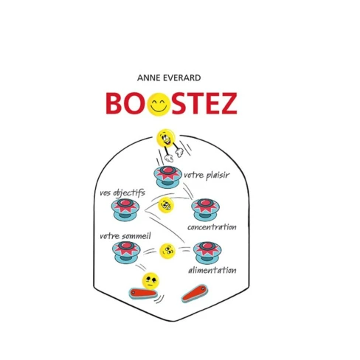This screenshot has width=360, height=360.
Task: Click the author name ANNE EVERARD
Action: point(169,78)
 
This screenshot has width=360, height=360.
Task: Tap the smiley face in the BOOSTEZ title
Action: point(159,104)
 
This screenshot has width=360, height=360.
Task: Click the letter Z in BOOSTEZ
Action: point(227,103)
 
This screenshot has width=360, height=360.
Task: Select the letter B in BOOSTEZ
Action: point(115,103)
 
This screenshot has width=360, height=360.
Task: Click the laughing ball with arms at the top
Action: point(170,145)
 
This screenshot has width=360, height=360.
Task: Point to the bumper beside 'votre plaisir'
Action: point(168,176)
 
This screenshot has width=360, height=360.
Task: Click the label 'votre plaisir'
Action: point(207,176)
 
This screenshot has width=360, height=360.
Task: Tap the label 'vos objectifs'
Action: point(122,193)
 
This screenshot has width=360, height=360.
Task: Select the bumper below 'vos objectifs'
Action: point(125,210)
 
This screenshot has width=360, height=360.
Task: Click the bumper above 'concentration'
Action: point(205,210)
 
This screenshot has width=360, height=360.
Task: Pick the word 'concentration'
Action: point(212,227)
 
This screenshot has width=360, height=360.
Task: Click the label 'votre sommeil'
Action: point(125,236)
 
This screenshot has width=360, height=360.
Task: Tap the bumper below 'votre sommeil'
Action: point(126,252)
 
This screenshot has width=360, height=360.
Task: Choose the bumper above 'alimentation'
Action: point(207,253)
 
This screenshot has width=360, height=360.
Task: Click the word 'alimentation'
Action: point(212,270)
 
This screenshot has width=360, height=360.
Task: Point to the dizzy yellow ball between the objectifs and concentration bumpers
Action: point(166,205)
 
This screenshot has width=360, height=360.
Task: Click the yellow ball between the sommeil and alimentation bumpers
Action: point(167,252)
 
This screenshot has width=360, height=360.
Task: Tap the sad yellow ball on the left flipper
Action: point(150,280)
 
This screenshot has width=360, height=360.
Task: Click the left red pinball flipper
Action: point(143,294)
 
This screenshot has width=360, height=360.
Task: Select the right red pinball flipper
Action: point(195,293)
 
